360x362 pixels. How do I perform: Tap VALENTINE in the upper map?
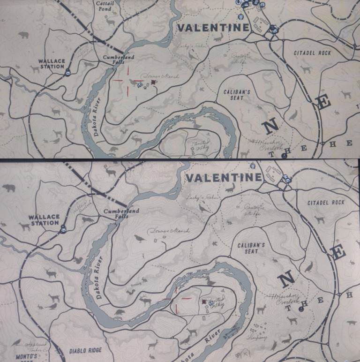point(213,28)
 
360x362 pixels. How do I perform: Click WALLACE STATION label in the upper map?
point(52,64)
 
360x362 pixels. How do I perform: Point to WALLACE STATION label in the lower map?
point(45,220)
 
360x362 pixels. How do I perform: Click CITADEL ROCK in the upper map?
point(312,53)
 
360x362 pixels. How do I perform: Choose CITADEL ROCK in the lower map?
point(326,203)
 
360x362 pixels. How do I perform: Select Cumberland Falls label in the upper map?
point(118,60)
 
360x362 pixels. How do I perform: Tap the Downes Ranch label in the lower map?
point(162,231)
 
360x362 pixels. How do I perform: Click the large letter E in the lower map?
point(337,252)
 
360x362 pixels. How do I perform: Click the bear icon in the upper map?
point(23,35)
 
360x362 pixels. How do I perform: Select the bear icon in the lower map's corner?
point(8,188)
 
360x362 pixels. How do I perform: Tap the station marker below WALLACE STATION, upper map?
point(68,72)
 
